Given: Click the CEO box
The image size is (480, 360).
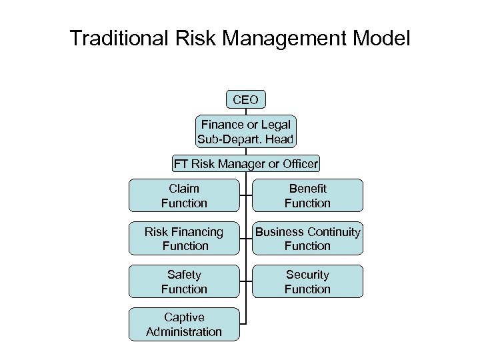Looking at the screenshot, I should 246,100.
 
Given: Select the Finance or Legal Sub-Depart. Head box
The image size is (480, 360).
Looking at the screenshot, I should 246,131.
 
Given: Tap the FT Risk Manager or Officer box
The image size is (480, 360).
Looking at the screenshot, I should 246,163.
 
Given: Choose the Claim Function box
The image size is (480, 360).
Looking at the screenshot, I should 184,195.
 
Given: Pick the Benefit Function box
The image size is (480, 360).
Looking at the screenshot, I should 307,195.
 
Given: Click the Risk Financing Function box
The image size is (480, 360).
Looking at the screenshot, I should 184,238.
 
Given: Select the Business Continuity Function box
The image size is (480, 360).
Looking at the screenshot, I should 307,238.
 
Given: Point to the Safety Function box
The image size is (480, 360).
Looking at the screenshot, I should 184,281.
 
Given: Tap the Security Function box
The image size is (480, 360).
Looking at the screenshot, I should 307,281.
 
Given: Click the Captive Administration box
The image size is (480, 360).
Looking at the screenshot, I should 184,324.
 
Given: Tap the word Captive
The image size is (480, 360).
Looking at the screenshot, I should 184,317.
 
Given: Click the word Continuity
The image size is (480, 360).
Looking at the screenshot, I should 335,232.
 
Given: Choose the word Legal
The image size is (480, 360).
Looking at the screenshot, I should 277,125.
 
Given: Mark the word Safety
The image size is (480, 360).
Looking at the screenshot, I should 184,275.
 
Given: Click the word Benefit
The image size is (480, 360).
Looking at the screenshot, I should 307,189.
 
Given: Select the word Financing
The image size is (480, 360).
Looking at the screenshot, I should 198,232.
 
